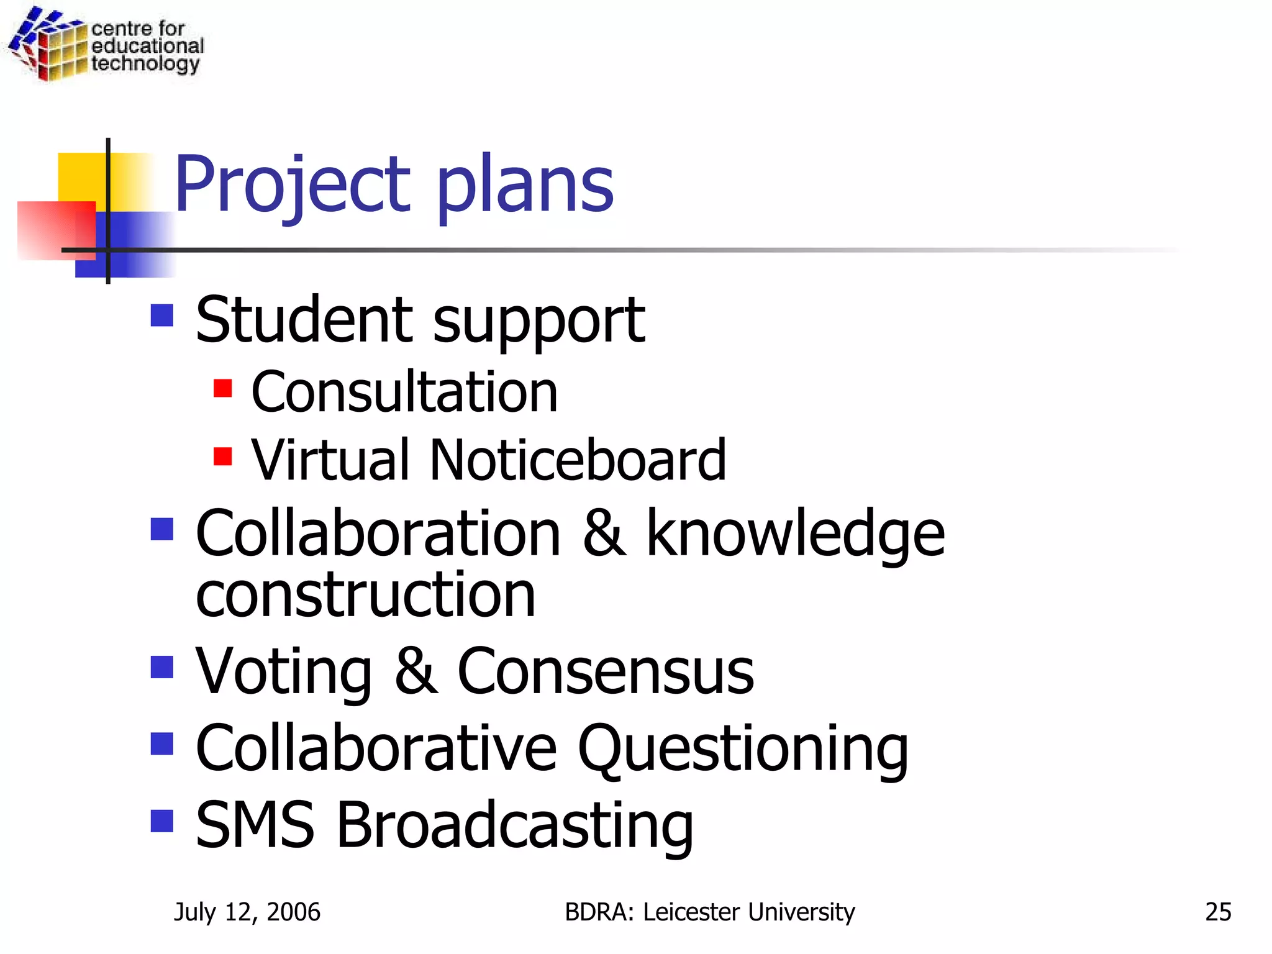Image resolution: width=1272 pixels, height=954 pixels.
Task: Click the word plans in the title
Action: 525,185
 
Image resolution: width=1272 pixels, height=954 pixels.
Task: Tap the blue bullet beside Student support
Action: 162,316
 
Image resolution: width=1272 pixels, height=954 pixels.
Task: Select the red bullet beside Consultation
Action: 222,388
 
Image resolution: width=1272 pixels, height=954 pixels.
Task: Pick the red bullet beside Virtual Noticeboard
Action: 222,457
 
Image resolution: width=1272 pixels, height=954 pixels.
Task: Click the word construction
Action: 365,595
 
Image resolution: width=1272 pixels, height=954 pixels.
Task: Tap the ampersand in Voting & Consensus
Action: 416,671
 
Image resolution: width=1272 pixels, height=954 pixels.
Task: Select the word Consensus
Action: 606,671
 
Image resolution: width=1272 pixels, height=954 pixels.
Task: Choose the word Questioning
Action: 743,750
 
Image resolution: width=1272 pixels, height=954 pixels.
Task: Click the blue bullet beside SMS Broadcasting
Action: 162,820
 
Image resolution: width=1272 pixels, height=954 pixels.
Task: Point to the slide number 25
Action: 1218,912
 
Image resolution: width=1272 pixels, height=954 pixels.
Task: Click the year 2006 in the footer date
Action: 293,912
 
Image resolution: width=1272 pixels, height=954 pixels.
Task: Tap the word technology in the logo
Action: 145,64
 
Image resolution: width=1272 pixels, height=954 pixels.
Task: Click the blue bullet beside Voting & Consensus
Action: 162,668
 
